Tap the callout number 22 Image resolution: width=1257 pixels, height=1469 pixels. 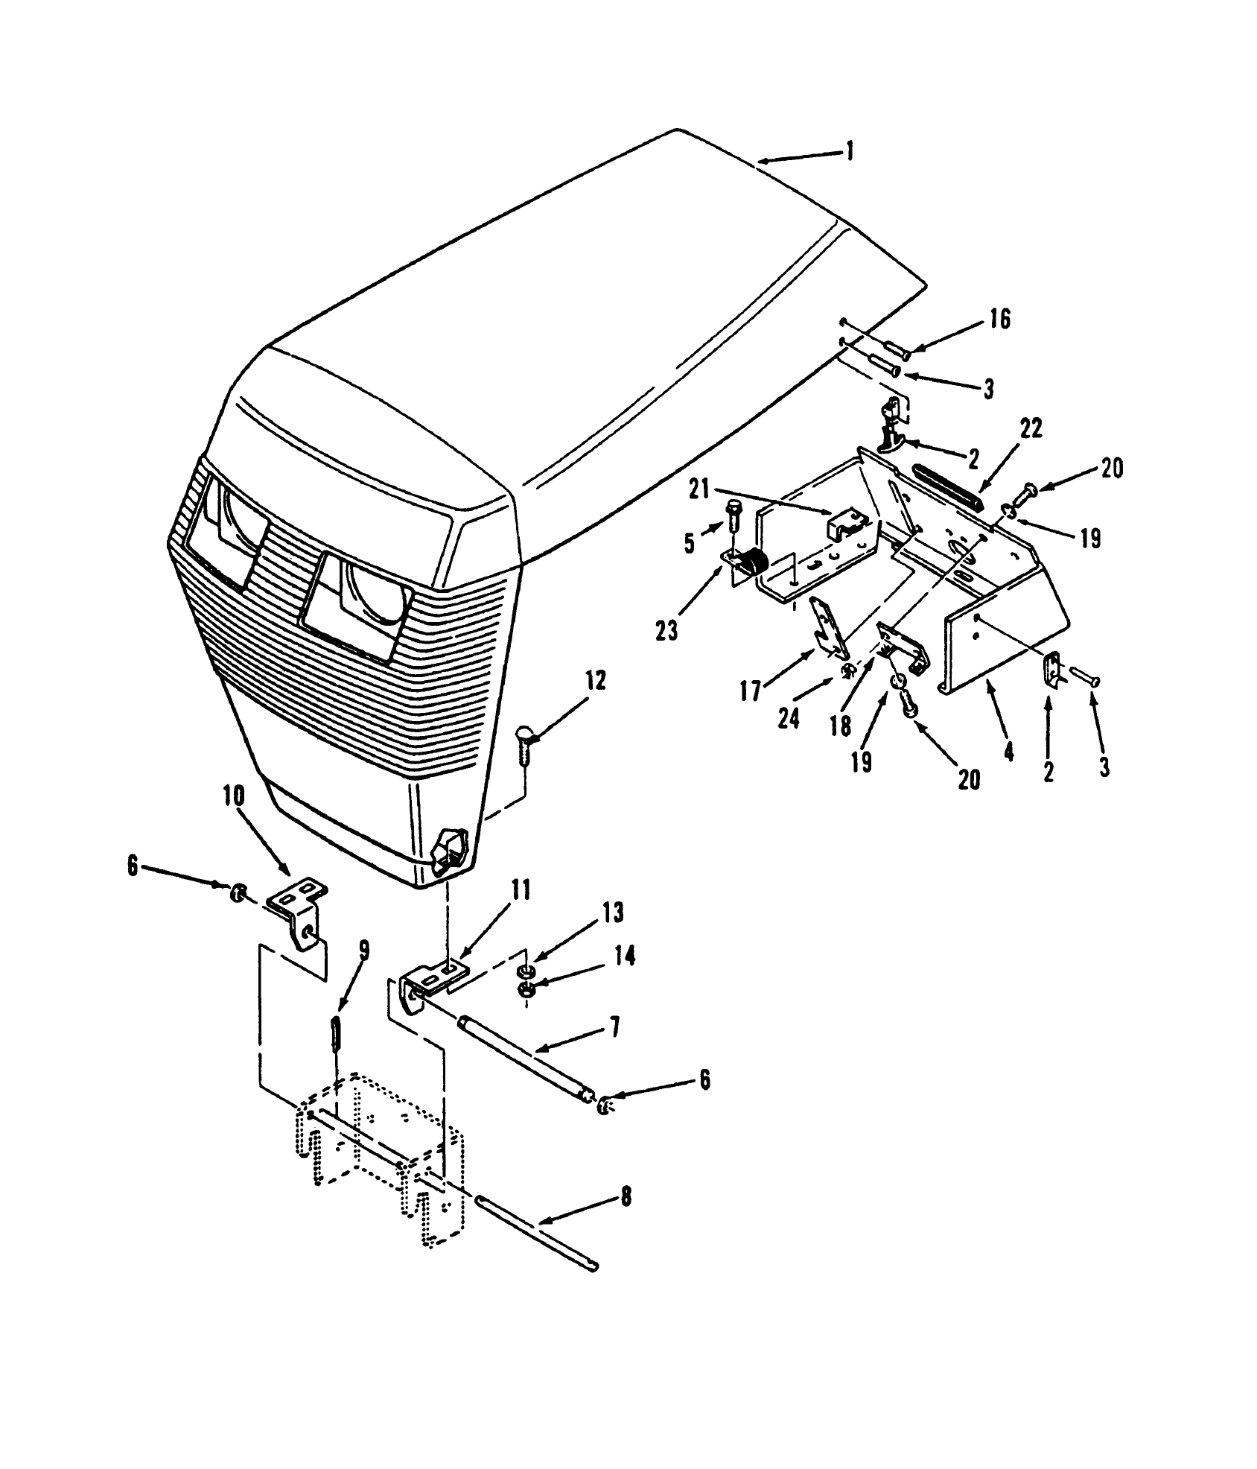[1031, 430]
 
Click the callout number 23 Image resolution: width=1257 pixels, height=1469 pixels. [666, 631]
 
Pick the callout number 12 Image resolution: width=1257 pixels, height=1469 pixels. [596, 680]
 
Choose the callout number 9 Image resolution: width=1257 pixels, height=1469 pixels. [363, 950]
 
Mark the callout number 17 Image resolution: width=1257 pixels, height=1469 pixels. [751, 692]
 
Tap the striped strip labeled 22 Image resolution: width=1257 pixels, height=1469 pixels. [946, 485]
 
